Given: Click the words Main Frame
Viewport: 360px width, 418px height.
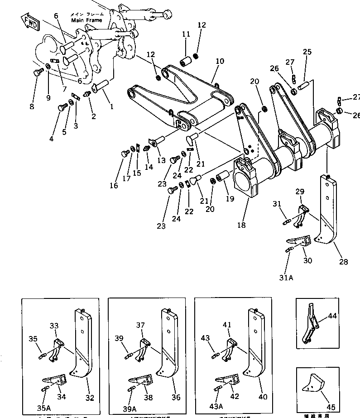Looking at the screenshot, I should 86,20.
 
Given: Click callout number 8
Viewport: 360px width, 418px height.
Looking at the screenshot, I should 31,107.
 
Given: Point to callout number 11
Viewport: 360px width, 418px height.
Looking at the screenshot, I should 186,34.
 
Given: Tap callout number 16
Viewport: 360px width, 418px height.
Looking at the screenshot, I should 113,185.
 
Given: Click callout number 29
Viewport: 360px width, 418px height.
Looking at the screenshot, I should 300,192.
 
